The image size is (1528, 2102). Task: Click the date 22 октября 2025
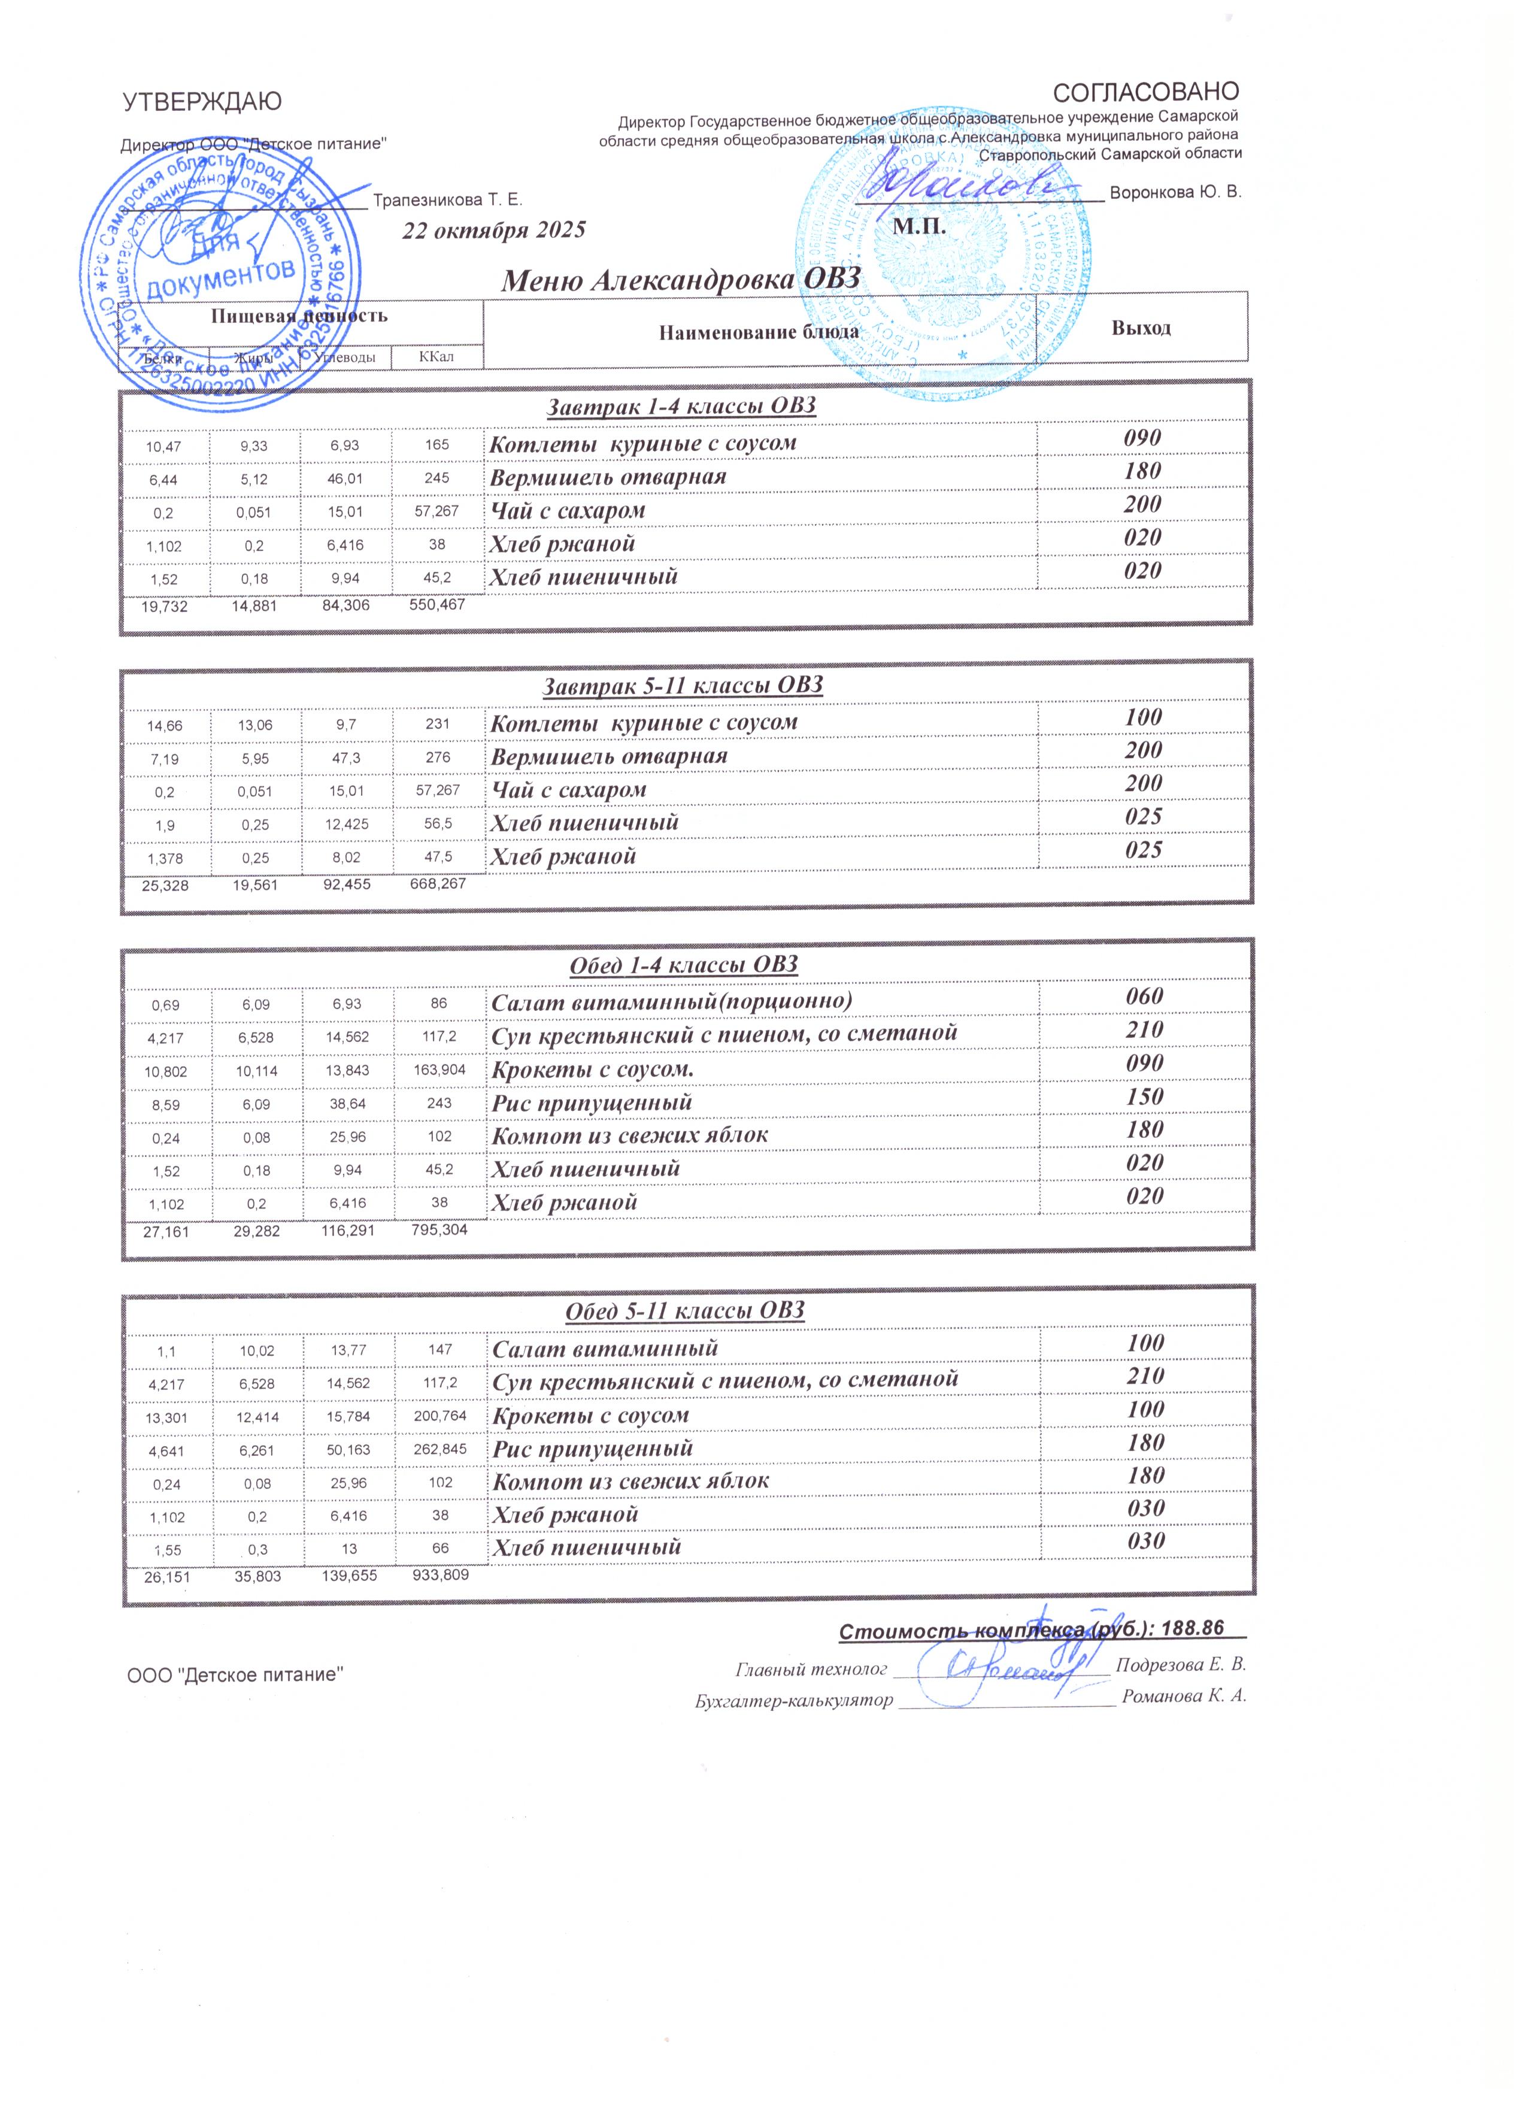494,230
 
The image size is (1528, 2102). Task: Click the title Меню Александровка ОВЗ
681,280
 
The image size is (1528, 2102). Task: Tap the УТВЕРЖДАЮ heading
202,102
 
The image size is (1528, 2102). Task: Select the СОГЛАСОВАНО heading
1146,92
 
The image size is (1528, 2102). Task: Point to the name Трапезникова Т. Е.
447,199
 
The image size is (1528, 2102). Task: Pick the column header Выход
1142,328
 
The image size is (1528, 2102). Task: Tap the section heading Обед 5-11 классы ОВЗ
685,1310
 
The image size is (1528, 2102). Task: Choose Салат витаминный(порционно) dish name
671,1001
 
